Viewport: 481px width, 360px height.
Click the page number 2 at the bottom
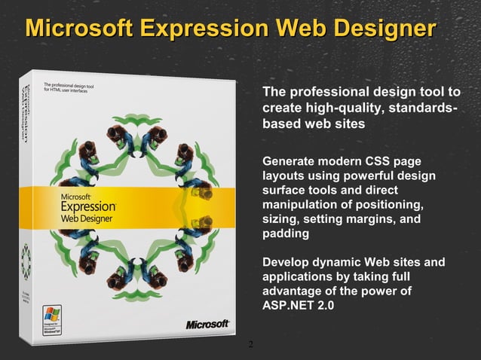(x=250, y=345)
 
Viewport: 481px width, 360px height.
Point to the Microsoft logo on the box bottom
(x=207, y=324)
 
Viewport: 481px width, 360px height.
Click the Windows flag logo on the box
(x=51, y=313)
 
